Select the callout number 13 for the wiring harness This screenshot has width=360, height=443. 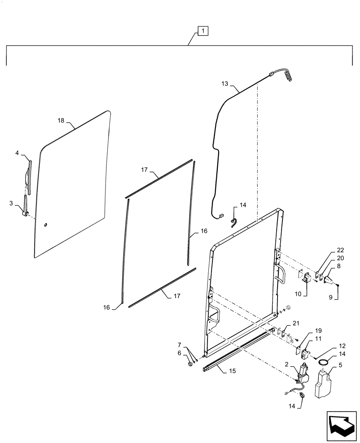224,83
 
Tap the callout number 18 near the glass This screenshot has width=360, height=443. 61,120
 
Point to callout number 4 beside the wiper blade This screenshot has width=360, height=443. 17,153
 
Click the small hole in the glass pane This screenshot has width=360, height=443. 46,226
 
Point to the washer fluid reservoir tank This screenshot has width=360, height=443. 322,383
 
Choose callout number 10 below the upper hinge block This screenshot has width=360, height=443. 298,293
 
